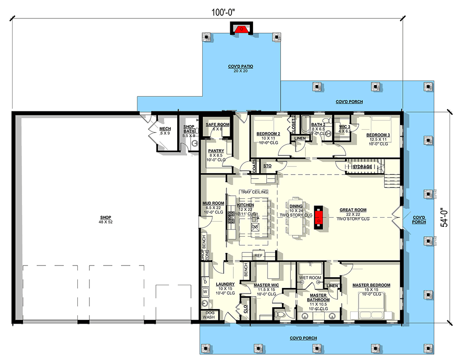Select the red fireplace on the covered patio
[242, 30]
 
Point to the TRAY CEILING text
[254, 192]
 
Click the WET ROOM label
[310, 278]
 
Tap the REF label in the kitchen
[258, 256]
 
